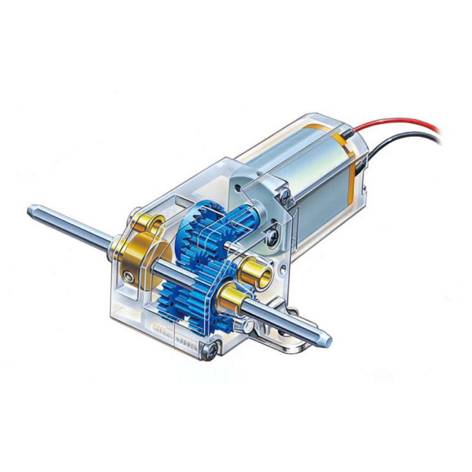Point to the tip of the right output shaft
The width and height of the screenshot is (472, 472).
click(328, 342)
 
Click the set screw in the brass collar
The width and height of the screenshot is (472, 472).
click(128, 277)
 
